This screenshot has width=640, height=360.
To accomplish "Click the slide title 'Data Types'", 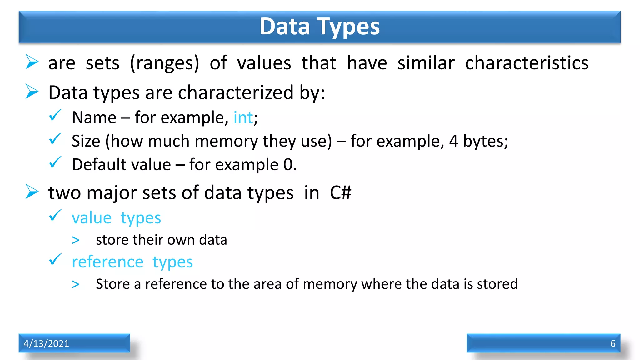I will pyautogui.click(x=319, y=27).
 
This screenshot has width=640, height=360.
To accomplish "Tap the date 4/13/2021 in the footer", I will pyautogui.click(x=46, y=343).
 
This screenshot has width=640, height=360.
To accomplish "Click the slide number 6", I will pyautogui.click(x=613, y=343).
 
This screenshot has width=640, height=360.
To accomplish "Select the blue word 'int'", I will pyautogui.click(x=243, y=118).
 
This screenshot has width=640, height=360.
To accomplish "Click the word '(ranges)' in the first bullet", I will pyautogui.click(x=164, y=63).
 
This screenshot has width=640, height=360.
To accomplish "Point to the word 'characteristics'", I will pyautogui.click(x=527, y=63).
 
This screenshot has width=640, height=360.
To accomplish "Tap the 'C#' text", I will pyautogui.click(x=340, y=192).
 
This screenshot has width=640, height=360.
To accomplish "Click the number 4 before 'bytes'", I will pyautogui.click(x=453, y=141).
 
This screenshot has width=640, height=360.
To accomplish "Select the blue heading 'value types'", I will pyautogui.click(x=116, y=218).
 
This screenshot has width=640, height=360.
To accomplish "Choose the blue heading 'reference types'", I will pyautogui.click(x=132, y=262).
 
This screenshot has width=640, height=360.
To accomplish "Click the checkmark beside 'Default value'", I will pyautogui.click(x=55, y=162).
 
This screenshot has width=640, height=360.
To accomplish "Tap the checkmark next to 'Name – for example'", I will pyautogui.click(x=55, y=115).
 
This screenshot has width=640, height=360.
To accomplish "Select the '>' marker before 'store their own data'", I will pyautogui.click(x=76, y=240).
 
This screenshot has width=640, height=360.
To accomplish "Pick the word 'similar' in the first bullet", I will pyautogui.click(x=426, y=63).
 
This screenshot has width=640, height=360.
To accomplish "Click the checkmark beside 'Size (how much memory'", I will pyautogui.click(x=55, y=139).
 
